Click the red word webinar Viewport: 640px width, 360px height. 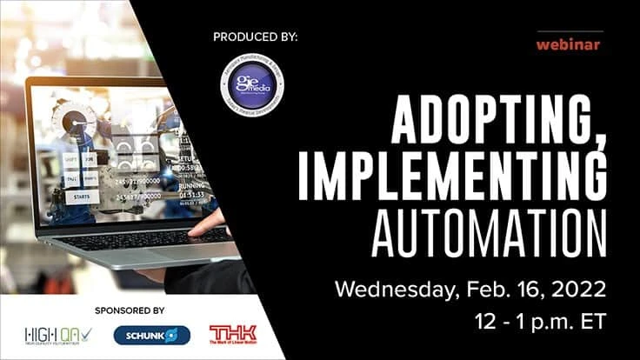point(568,44)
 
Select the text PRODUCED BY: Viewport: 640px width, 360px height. point(255,37)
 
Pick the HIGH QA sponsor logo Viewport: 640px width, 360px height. point(57,335)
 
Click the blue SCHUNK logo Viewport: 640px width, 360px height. point(151,335)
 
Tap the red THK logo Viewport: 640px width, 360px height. point(232,334)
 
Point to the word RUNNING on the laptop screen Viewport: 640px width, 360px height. point(192,185)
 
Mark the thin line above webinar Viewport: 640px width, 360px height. point(568,31)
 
